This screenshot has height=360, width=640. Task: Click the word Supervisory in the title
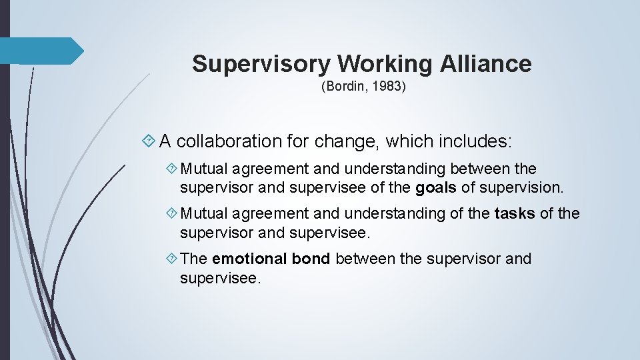coord(261,64)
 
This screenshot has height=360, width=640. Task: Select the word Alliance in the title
coord(486,64)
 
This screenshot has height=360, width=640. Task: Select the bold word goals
coord(436,188)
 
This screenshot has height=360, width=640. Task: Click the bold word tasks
coord(515,213)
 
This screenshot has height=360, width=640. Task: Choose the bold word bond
coord(311,259)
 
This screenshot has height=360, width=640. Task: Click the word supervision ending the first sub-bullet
coord(521,188)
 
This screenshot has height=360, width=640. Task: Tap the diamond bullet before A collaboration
coord(149,141)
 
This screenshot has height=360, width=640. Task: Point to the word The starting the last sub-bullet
coord(194,259)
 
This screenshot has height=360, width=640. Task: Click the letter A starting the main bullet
coord(165,141)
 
